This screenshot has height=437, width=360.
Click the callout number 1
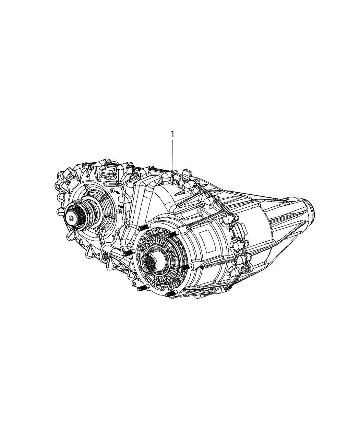[173, 134]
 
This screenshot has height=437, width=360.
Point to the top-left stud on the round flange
[143, 229]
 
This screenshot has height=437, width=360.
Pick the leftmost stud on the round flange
[129, 253]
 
